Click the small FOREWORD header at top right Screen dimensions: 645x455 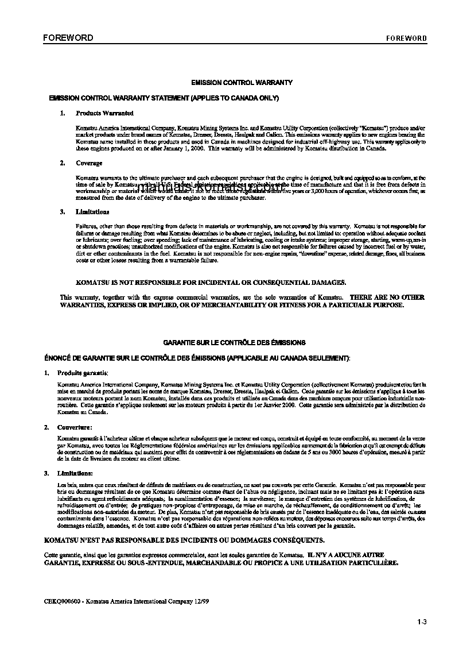406,38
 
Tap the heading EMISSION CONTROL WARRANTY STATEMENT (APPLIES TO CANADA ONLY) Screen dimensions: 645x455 164,98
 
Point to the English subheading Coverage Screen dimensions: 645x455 89,164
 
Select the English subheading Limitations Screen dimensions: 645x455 92,212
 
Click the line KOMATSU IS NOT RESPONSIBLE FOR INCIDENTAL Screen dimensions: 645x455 211,283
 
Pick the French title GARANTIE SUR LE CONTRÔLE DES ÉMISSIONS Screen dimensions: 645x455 234,342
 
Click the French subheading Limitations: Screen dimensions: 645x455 75,473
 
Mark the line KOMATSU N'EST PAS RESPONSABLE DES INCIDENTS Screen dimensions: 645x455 184,540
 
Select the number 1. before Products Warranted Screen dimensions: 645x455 63,114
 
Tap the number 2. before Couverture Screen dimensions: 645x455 46,427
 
